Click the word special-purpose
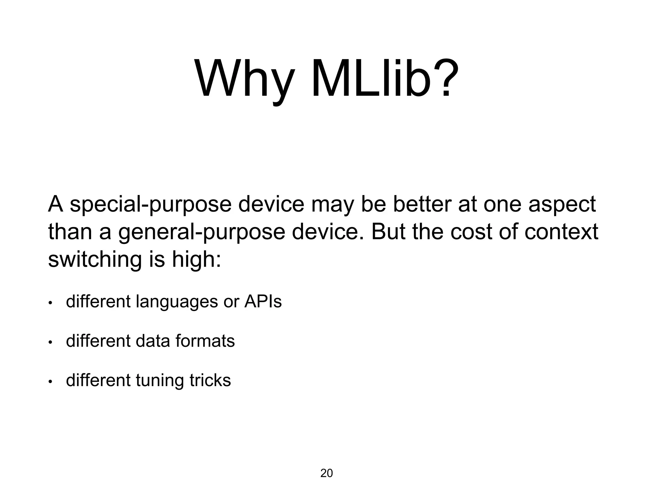click(x=150, y=205)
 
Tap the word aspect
click(x=562, y=205)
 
